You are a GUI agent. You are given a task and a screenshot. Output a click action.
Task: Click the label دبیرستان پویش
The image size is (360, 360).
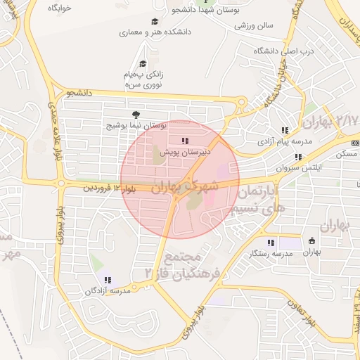tap(185, 151)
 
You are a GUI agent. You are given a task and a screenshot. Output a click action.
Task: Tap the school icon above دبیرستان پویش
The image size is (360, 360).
tap(185, 142)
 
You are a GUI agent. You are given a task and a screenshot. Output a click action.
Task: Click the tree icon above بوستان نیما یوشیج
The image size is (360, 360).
tap(135, 115)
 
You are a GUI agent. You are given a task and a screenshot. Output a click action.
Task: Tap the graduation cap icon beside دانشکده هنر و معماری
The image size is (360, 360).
tap(155, 21)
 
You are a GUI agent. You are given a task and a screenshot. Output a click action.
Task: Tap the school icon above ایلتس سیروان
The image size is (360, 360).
tap(298, 157)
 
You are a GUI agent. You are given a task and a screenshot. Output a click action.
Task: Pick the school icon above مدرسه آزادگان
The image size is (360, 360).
tap(108, 281)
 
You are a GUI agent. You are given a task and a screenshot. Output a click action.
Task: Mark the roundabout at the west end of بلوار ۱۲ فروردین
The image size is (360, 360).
tap(61, 185)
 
